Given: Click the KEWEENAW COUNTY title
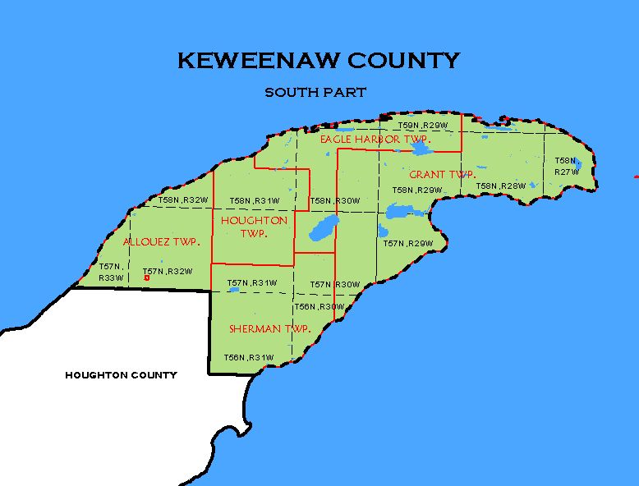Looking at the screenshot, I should (319, 61).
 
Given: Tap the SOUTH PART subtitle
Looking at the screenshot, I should (315, 93).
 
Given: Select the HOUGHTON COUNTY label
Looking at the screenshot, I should (121, 375).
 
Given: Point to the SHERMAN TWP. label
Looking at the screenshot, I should (269, 328).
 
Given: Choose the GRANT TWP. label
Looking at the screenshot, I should (442, 174).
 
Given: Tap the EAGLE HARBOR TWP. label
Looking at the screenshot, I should (375, 140).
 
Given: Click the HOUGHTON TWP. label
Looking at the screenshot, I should (254, 227).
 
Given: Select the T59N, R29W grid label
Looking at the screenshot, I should (423, 126).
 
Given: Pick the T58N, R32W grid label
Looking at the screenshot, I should (183, 199).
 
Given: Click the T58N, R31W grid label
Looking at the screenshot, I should (255, 200).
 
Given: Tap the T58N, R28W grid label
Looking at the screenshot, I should (500, 186).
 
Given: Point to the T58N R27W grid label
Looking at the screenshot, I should (566, 167).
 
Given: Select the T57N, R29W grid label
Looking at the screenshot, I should (408, 244).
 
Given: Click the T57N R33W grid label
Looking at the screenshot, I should (111, 272).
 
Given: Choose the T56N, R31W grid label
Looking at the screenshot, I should (248, 357).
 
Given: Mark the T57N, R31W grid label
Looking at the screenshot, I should (252, 282).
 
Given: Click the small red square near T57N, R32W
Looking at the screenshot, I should (146, 278).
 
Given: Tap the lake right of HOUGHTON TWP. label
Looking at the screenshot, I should (323, 228).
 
